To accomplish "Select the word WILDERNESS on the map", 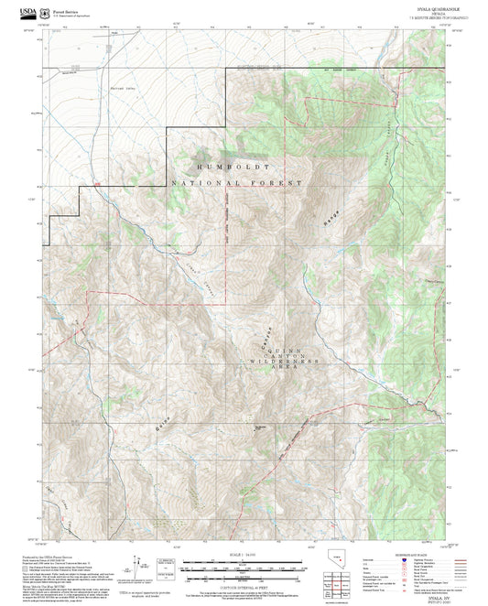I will coord(281,363).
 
